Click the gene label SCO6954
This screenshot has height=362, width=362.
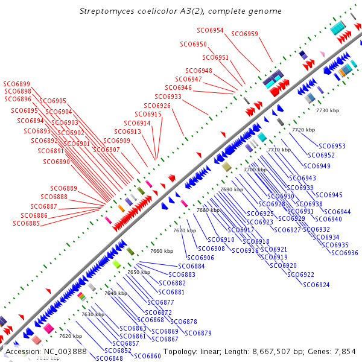[x=210, y=30]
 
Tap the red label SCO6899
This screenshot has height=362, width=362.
[x=16, y=84]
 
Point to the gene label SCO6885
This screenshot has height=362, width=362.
[x=26, y=223]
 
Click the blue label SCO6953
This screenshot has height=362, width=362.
[x=332, y=146]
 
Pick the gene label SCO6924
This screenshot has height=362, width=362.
[x=316, y=285]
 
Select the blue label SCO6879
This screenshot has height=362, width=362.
[x=198, y=333]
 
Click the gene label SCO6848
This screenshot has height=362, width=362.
[x=109, y=358]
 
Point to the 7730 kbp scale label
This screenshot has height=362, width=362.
[x=328, y=111]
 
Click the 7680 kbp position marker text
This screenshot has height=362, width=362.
[x=208, y=210]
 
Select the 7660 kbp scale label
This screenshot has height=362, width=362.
[x=162, y=251]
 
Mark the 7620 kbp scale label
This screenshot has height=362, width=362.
[x=70, y=336]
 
